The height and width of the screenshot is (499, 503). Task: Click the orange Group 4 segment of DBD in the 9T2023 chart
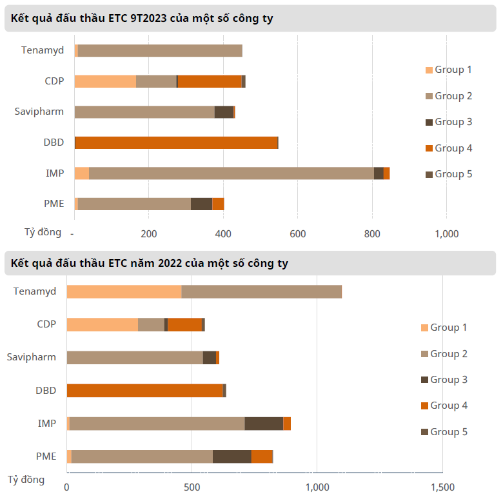click(x=176, y=142)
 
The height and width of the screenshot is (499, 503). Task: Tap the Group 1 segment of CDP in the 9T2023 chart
click(x=105, y=81)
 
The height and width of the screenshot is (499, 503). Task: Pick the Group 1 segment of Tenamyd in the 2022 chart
click(x=124, y=291)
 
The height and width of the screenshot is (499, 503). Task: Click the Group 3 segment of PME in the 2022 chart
click(x=232, y=456)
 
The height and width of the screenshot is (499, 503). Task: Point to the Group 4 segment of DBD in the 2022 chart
click(x=144, y=391)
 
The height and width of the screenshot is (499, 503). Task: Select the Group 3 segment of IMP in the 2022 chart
click(x=264, y=424)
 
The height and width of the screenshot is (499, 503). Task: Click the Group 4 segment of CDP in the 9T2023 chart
click(x=210, y=81)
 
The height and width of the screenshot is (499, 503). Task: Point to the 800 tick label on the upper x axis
click(x=372, y=233)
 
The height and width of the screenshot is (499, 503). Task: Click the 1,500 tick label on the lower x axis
click(x=442, y=487)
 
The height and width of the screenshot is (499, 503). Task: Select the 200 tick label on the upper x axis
click(x=149, y=233)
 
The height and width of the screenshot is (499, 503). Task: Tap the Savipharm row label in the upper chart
click(x=39, y=112)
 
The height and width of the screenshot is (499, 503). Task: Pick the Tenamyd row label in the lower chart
click(x=35, y=291)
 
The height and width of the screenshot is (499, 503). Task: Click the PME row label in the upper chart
click(x=54, y=204)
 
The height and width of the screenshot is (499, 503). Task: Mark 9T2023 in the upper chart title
click(x=148, y=19)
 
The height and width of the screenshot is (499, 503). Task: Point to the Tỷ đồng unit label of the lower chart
click(x=26, y=480)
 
